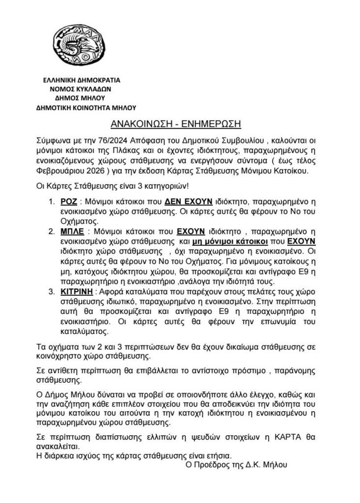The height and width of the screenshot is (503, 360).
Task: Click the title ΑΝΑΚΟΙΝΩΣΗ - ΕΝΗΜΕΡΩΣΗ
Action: pyautogui.click(x=180, y=123)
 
